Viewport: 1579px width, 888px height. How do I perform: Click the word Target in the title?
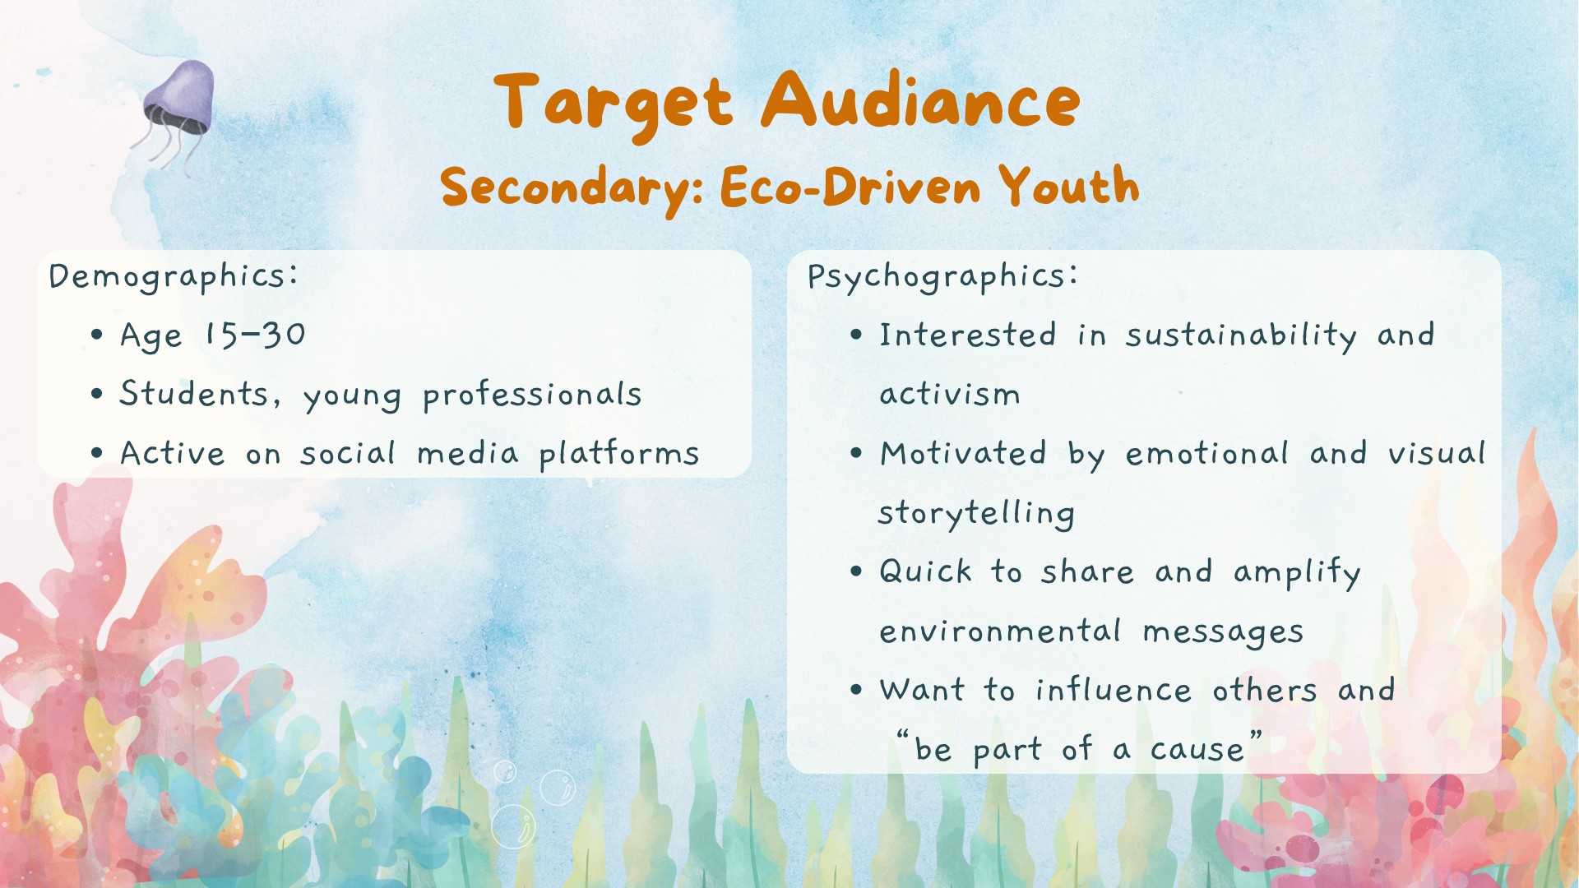pyautogui.click(x=614, y=104)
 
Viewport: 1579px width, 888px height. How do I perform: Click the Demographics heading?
pyautogui.click(x=174, y=276)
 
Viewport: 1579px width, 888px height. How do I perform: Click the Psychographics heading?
pyautogui.click(x=942, y=276)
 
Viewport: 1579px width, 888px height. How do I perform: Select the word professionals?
pyautogui.click(x=532, y=395)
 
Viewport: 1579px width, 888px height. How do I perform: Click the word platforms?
pyautogui.click(x=619, y=454)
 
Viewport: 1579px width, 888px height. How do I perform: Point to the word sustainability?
pyautogui.click(x=1241, y=336)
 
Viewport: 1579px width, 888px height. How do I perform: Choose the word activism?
pyautogui.click(x=950, y=395)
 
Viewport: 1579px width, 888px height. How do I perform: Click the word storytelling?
pyautogui.click(x=976, y=513)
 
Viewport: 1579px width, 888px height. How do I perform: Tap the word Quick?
pyautogui.click(x=926, y=571)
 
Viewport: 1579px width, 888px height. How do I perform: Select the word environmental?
pyautogui.click(x=1000, y=631)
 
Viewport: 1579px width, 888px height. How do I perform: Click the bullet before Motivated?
pyautogui.click(x=856, y=453)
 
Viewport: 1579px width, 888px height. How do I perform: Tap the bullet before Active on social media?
pyautogui.click(x=97, y=453)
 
